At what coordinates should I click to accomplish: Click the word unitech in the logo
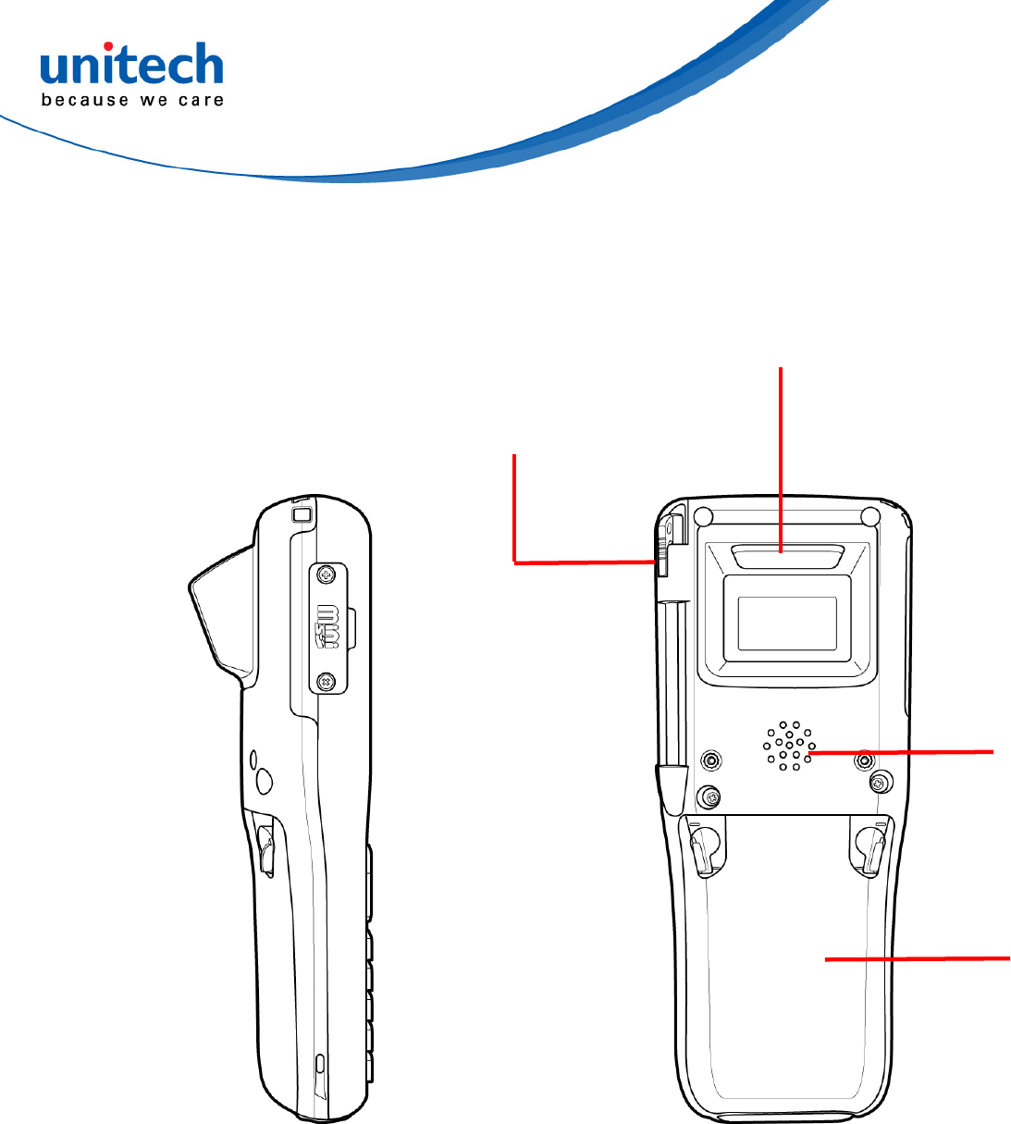(131, 68)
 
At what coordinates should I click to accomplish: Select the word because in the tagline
(85, 100)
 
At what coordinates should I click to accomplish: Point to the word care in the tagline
(201, 100)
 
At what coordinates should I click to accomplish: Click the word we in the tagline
(154, 100)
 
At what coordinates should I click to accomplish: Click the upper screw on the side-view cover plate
(325, 575)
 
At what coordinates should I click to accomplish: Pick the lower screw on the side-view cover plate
(325, 682)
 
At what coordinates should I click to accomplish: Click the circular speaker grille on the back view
(788, 746)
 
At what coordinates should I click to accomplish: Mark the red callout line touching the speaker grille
(902, 753)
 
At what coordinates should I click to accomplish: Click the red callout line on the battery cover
(916, 959)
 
